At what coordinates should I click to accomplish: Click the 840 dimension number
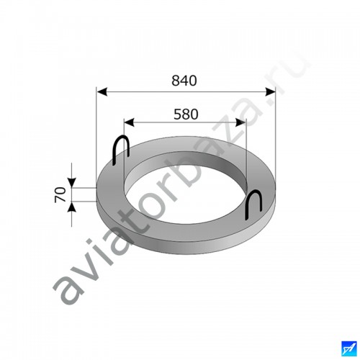coord(184,81)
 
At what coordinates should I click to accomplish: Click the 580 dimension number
coord(186,114)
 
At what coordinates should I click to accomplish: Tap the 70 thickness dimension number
coord(60,195)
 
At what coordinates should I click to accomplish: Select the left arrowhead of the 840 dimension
coord(102,91)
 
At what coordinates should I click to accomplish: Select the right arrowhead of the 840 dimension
coord(270,91)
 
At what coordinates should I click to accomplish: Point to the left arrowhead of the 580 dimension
coord(129,122)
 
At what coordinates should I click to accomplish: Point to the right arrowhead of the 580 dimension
coord(240,122)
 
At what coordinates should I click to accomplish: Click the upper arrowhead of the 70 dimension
coord(72,182)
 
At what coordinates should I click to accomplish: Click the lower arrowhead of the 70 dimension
coord(72,207)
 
